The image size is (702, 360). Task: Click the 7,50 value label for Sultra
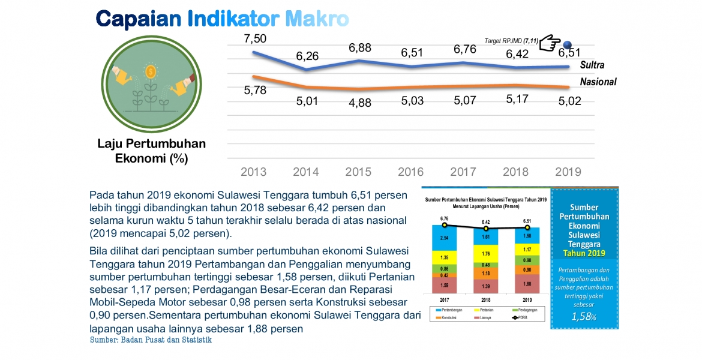[x=254, y=38]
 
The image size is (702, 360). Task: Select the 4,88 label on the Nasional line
[x=359, y=102]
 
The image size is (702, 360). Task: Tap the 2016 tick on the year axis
[x=412, y=172]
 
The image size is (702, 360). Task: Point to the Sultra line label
[x=592, y=65]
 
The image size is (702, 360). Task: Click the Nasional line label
[x=598, y=82]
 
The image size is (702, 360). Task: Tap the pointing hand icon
[x=549, y=43]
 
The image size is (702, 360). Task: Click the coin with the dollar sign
[x=151, y=71]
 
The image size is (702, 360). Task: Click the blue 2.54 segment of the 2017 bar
[x=444, y=238]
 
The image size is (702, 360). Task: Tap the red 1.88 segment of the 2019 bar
[x=527, y=284]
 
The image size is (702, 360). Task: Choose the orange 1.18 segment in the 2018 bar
[x=486, y=274]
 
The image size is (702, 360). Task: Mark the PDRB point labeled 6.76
[x=445, y=225]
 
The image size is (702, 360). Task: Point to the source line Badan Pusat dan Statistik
[x=151, y=340]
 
